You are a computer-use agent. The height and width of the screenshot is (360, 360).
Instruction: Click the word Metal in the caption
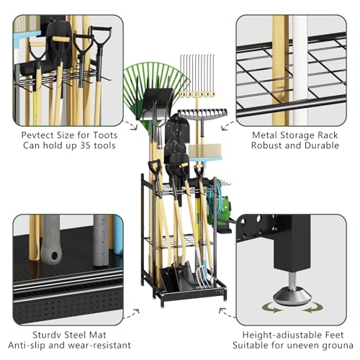(x=267, y=135)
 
